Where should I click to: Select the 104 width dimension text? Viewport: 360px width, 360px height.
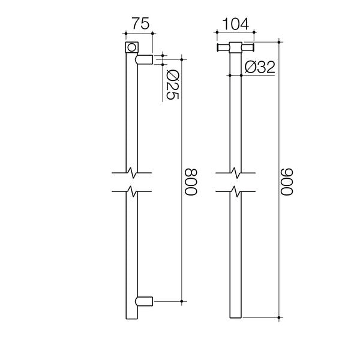coord(236,26)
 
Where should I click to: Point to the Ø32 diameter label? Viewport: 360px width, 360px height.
coord(259,67)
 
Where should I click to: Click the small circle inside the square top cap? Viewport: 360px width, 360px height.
coord(131,47)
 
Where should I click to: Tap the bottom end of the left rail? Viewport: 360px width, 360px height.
coord(131,317)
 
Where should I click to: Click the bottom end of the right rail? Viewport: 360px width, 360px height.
coord(236,317)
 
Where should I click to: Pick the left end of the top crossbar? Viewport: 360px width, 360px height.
coord(218,48)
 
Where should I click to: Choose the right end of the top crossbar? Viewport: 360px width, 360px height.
coord(254,48)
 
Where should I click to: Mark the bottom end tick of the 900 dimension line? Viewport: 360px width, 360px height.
coord(280,317)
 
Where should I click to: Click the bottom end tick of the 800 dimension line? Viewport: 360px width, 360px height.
coord(182,300)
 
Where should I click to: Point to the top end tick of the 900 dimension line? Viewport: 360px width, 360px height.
coord(280,41)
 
